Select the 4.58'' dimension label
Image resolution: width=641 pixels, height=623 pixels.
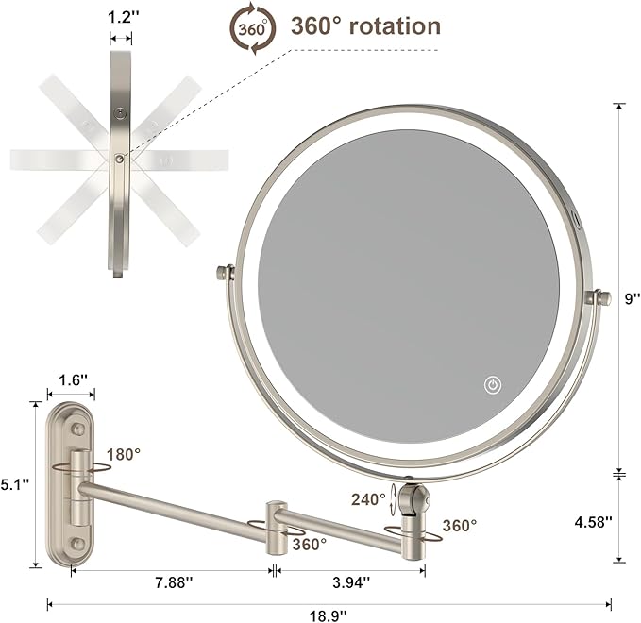pos(595,520)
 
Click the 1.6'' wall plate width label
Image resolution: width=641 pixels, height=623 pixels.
pos(72,379)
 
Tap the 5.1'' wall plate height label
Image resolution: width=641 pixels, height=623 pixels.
pos(14,483)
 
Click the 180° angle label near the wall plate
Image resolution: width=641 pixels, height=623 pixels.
pos(124,454)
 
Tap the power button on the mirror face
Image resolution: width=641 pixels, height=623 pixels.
pos(492,384)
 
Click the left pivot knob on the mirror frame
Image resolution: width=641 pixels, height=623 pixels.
pos(224,274)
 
